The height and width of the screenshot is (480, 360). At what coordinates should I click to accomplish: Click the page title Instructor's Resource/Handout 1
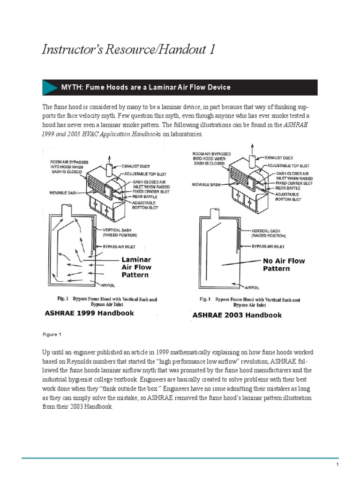(129, 50)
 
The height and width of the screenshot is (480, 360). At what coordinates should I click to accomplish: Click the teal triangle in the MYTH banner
(49, 88)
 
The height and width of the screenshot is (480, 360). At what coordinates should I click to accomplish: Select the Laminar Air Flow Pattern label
(136, 267)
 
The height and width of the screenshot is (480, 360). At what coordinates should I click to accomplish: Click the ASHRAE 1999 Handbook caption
(89, 313)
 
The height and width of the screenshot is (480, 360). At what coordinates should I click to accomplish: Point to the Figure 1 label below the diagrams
(52, 334)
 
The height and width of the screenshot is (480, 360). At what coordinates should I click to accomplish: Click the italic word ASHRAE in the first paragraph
(301, 125)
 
